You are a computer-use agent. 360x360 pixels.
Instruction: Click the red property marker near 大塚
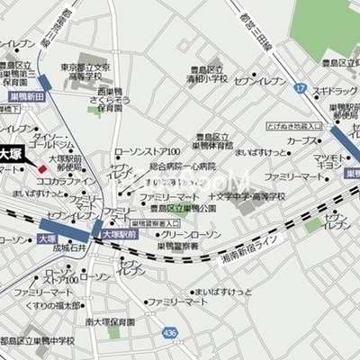coord(40,166)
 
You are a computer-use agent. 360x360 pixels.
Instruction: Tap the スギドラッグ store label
coord(333,92)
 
